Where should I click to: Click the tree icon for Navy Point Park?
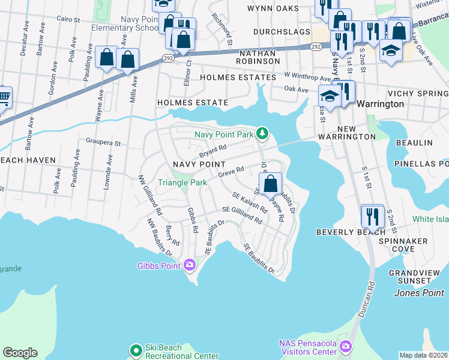click(x=262, y=133)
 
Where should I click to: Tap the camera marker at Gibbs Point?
click(x=190, y=264)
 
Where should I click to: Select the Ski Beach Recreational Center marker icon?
click(x=136, y=349)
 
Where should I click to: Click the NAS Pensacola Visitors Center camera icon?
click(x=346, y=346)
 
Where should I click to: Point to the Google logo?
click(x=20, y=353)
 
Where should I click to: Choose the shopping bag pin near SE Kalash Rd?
click(x=271, y=182)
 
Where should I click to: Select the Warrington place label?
click(x=380, y=104)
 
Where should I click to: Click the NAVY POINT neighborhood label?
click(x=199, y=164)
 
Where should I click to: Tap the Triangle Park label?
click(x=182, y=182)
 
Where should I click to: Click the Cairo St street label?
click(x=68, y=20)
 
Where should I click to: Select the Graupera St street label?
click(x=104, y=143)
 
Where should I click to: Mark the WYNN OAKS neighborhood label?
click(x=273, y=8)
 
